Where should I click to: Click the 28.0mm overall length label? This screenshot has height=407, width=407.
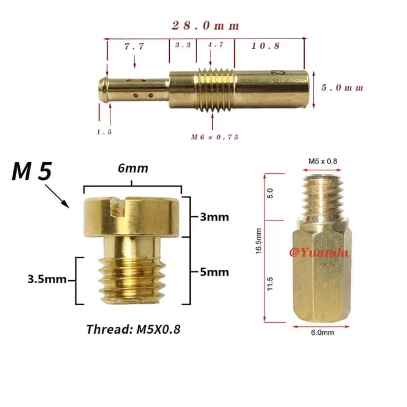tap(205, 26)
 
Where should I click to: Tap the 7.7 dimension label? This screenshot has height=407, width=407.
tap(134, 46)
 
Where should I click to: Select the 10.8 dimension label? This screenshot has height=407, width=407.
tap(266, 46)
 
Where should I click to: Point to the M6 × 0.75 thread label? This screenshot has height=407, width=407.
tap(215, 137)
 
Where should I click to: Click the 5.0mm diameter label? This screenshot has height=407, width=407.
tap(342, 87)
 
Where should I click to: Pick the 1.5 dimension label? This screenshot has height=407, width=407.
tap(104, 132)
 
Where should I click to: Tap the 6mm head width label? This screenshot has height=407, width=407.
tap(133, 168)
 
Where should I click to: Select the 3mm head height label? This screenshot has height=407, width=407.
tap(215, 217)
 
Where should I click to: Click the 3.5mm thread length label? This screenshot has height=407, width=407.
tap(47, 279)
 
